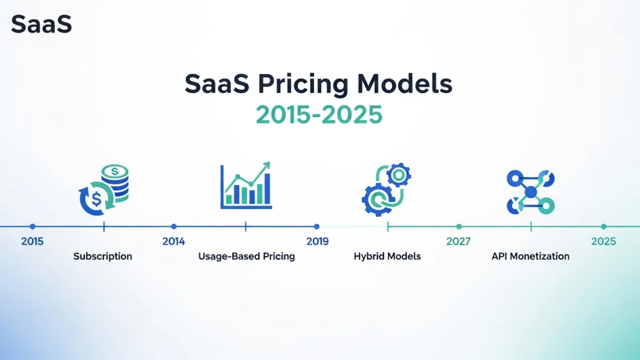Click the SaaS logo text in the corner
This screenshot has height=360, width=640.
[x=41, y=25]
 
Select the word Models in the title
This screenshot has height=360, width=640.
[x=405, y=85]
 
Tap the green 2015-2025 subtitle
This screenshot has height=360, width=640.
[x=319, y=114]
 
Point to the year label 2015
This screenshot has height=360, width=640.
[x=33, y=242]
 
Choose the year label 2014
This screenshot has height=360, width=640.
[x=174, y=242]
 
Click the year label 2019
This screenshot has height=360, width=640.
[x=317, y=242]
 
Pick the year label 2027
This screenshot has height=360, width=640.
[x=459, y=242]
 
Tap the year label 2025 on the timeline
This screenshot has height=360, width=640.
[x=604, y=242]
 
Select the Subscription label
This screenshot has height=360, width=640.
[x=103, y=257]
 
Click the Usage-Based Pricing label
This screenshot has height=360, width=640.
[x=246, y=257]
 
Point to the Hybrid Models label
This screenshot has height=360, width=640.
[x=387, y=257]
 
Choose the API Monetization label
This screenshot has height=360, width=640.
[x=530, y=257]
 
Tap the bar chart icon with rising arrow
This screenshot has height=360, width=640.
[x=246, y=186]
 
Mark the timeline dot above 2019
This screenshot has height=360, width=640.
[x=317, y=227]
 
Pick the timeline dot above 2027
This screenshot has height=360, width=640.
[x=459, y=227]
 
